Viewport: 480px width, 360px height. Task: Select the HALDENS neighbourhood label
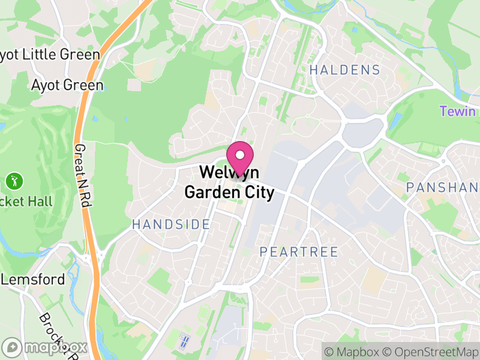point(344,70)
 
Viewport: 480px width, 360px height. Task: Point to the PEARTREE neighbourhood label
point(299,252)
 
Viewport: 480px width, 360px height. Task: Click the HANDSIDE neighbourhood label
point(171,224)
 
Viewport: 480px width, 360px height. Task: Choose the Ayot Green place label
point(67,85)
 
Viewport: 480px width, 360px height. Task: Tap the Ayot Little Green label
point(50,55)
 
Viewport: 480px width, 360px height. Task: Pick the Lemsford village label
point(33,280)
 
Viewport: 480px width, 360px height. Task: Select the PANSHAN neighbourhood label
point(443,187)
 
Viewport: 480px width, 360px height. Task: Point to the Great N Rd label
point(83,176)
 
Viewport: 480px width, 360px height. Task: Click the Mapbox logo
point(45,347)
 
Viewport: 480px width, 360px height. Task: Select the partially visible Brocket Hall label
point(26,202)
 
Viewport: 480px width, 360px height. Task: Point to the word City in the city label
point(258,193)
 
